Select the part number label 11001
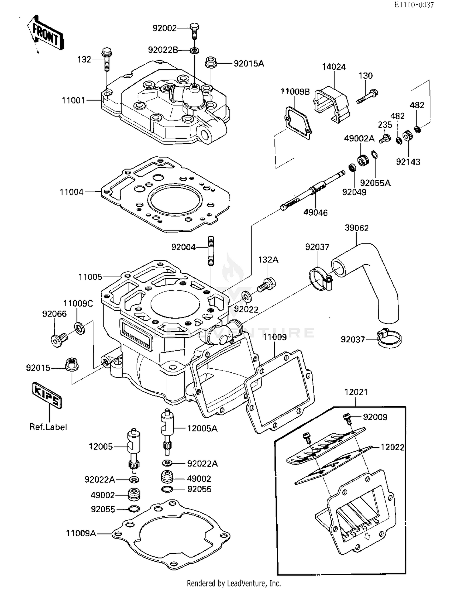(x=73, y=101)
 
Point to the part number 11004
(x=72, y=192)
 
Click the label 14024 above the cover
(x=334, y=67)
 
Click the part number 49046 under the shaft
(x=315, y=213)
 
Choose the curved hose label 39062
(x=357, y=228)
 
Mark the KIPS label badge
(x=47, y=395)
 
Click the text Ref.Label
(x=48, y=427)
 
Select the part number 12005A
(x=202, y=429)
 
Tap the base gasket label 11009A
(x=81, y=533)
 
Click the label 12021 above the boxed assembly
(x=356, y=392)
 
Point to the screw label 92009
(x=375, y=417)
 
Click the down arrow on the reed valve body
(x=367, y=536)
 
